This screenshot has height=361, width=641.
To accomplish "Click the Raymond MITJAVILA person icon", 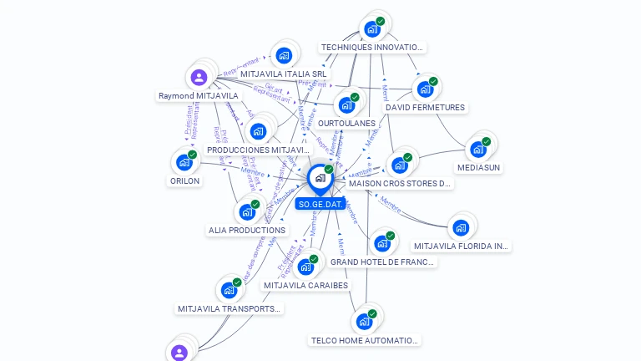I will (x=199, y=78).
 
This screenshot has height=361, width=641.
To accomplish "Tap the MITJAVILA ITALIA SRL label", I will (x=285, y=74).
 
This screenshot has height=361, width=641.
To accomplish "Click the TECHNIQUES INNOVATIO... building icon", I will (x=372, y=29).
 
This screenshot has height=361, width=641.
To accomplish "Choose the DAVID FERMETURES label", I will (x=425, y=107).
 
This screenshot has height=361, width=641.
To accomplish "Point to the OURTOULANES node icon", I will (x=346, y=105).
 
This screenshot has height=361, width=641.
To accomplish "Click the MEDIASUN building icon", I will (x=477, y=150).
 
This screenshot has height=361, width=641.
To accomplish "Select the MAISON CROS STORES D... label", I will (x=400, y=183).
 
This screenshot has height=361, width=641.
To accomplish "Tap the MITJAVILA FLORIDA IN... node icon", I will (x=459, y=227).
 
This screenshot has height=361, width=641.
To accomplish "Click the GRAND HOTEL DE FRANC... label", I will (x=382, y=262).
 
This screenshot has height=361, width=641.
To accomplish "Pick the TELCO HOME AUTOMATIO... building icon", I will (x=364, y=322).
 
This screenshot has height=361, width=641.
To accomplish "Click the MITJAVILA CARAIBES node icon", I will (x=305, y=267).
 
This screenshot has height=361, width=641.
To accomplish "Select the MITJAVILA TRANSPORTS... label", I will (x=230, y=308).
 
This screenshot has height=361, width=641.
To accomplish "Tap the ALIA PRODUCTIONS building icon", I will (x=247, y=212).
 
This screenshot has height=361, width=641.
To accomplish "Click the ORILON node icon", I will (x=184, y=163).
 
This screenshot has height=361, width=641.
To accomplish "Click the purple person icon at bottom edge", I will (x=179, y=353).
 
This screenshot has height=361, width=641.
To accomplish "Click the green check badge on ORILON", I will (x=193, y=155).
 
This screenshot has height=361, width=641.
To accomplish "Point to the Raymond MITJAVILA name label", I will (x=199, y=96).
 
